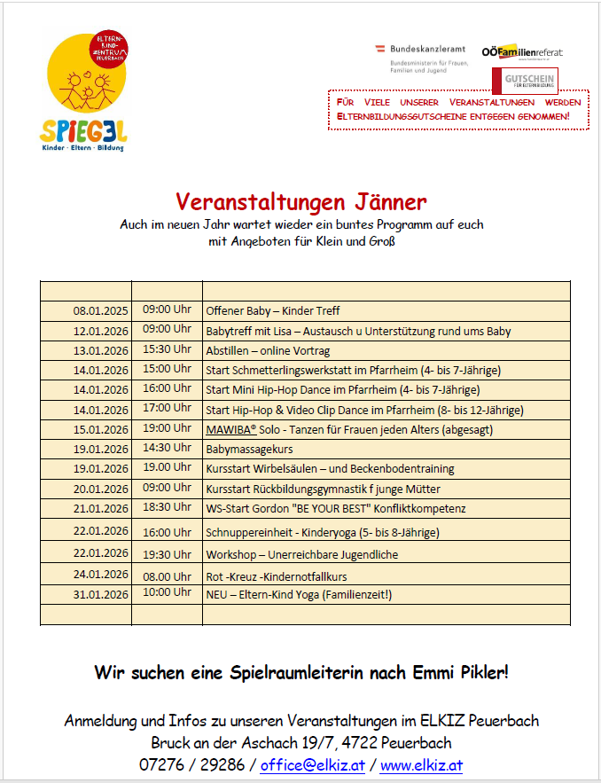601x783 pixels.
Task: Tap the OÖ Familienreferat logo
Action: (x=522, y=52)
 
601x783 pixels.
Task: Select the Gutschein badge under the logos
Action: (x=530, y=81)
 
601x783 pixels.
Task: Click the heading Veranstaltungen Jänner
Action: (x=300, y=202)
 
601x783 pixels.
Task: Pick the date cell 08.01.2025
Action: (x=100, y=311)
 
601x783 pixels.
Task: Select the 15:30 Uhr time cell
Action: (x=167, y=349)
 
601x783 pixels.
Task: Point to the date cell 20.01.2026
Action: (x=100, y=489)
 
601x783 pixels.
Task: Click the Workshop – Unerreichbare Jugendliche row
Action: (x=302, y=554)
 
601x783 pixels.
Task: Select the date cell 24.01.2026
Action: (x=100, y=575)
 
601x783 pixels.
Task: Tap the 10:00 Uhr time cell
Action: (x=167, y=592)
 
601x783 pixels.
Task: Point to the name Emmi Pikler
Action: (x=462, y=672)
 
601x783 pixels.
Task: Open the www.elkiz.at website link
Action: (x=421, y=764)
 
